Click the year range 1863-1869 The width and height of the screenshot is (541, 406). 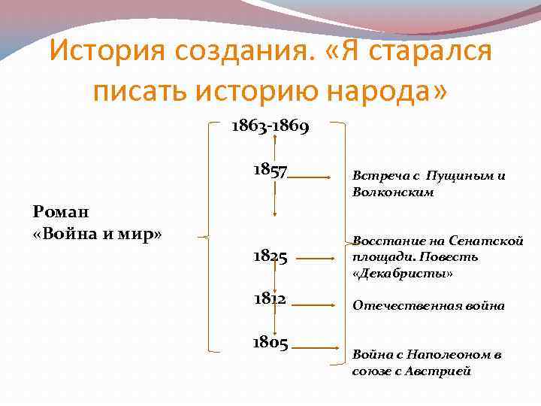pos(270,126)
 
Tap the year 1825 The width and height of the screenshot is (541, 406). pos(270,257)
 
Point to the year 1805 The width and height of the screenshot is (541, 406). pos(270,343)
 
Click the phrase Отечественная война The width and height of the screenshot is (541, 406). pos(428,306)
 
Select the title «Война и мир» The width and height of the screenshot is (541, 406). pos(98,232)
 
